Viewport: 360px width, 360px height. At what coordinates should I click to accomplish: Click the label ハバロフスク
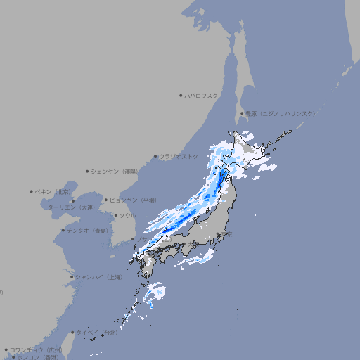click(202, 95)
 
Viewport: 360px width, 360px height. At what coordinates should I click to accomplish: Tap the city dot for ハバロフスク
click(181, 95)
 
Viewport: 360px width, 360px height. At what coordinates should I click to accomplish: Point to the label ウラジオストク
click(179, 156)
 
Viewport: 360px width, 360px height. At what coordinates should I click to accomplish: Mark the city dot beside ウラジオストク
click(155, 157)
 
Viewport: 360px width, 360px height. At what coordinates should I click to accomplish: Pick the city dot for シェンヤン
click(88, 171)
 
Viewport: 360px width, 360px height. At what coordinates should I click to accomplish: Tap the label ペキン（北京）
click(54, 191)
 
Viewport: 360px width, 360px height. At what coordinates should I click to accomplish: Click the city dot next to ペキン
click(32, 191)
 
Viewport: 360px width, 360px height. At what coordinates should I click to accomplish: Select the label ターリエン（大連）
click(70, 208)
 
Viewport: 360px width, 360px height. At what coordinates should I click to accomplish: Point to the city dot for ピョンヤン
click(106, 200)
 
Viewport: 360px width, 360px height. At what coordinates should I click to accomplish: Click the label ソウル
click(127, 215)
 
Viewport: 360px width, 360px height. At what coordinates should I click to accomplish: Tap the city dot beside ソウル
click(115, 215)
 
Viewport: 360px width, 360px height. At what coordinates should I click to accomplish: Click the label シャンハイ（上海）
click(98, 277)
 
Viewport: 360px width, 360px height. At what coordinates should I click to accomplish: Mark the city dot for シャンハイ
click(72, 277)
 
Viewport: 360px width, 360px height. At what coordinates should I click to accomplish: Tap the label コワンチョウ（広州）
click(36, 349)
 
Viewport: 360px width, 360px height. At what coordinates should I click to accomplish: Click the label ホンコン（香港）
click(32, 357)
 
